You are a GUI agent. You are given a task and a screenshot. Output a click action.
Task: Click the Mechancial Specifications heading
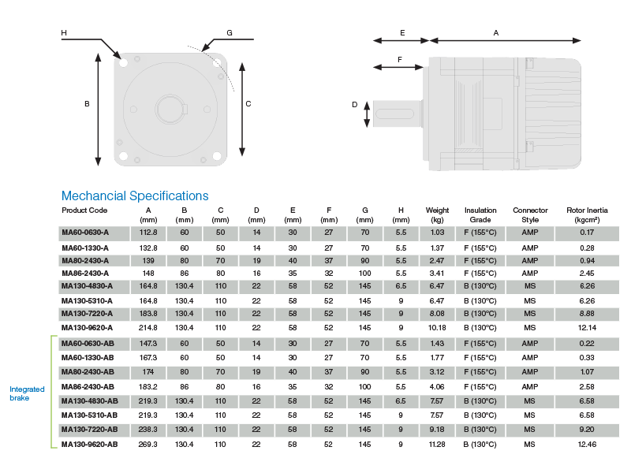click(x=135, y=196)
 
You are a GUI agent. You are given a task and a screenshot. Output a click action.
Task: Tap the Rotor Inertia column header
click(x=587, y=214)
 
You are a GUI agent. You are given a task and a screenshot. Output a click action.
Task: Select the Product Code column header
click(x=84, y=210)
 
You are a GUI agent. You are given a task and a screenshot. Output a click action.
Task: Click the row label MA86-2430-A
click(x=85, y=274)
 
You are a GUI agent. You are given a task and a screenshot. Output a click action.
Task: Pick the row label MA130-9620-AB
click(x=89, y=445)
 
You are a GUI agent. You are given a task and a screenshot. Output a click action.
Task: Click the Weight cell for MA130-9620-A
click(x=437, y=328)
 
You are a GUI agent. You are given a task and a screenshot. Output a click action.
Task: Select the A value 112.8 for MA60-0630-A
click(x=148, y=233)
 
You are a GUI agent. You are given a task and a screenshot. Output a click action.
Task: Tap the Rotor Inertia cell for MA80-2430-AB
click(x=587, y=372)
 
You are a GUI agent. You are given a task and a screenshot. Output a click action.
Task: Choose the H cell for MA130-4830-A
click(x=401, y=286)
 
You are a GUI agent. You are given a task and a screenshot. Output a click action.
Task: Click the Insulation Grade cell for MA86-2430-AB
click(x=480, y=387)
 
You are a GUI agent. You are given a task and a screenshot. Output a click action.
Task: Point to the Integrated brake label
click(x=27, y=393)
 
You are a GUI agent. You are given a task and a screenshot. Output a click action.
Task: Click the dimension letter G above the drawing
click(x=230, y=33)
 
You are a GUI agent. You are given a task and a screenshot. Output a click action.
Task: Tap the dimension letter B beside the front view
click(x=87, y=104)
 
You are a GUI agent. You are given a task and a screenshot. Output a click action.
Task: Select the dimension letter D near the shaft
click(x=354, y=105)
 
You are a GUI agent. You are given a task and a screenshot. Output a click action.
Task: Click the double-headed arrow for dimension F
click(x=398, y=67)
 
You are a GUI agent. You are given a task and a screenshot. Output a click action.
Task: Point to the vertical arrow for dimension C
click(x=242, y=109)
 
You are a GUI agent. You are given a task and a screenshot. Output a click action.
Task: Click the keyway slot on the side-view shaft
click(x=395, y=114)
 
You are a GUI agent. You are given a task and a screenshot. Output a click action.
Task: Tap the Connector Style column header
click(x=530, y=214)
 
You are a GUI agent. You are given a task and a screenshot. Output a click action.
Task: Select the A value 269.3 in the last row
click(x=148, y=445)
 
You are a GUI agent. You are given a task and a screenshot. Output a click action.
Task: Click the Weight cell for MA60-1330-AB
click(x=437, y=358)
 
